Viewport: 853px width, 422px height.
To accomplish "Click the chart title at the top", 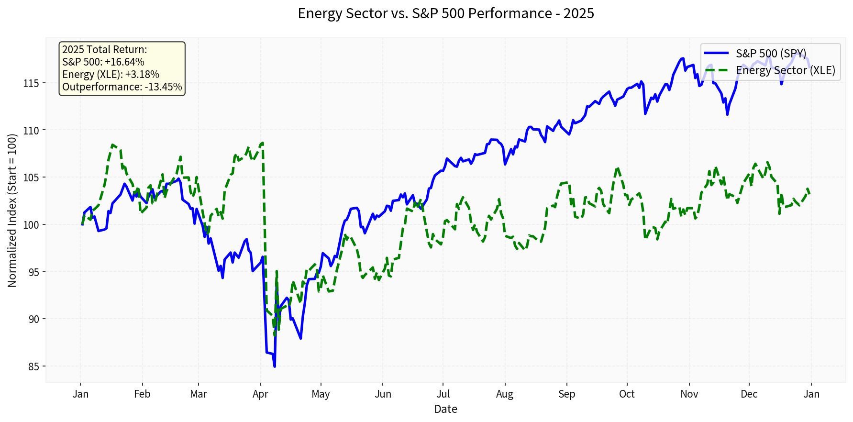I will (x=445, y=13).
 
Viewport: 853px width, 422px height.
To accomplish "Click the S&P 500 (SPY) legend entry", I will (x=770, y=53).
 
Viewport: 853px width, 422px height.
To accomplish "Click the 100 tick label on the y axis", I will (x=32, y=225).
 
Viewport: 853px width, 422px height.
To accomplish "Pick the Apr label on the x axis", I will (x=260, y=394).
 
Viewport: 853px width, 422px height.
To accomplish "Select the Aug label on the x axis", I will (x=505, y=394).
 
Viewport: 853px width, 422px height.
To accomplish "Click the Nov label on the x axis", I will (x=689, y=394).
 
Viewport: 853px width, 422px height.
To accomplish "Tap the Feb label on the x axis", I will (x=142, y=394).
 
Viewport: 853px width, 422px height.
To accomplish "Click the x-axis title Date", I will (x=445, y=409).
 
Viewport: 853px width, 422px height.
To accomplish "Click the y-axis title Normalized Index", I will (x=12, y=211).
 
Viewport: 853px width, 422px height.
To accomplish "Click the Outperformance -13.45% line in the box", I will (x=122, y=87).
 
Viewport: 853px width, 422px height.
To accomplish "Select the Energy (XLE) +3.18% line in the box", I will (x=111, y=75).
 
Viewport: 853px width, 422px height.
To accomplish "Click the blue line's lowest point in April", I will (x=275, y=366).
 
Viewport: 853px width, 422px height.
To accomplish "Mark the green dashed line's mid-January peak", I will (x=112, y=144).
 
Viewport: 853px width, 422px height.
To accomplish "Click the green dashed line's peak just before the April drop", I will (x=262, y=143).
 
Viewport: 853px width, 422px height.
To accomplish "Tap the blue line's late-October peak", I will (x=683, y=58).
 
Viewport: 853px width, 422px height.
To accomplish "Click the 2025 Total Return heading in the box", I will (x=104, y=50).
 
